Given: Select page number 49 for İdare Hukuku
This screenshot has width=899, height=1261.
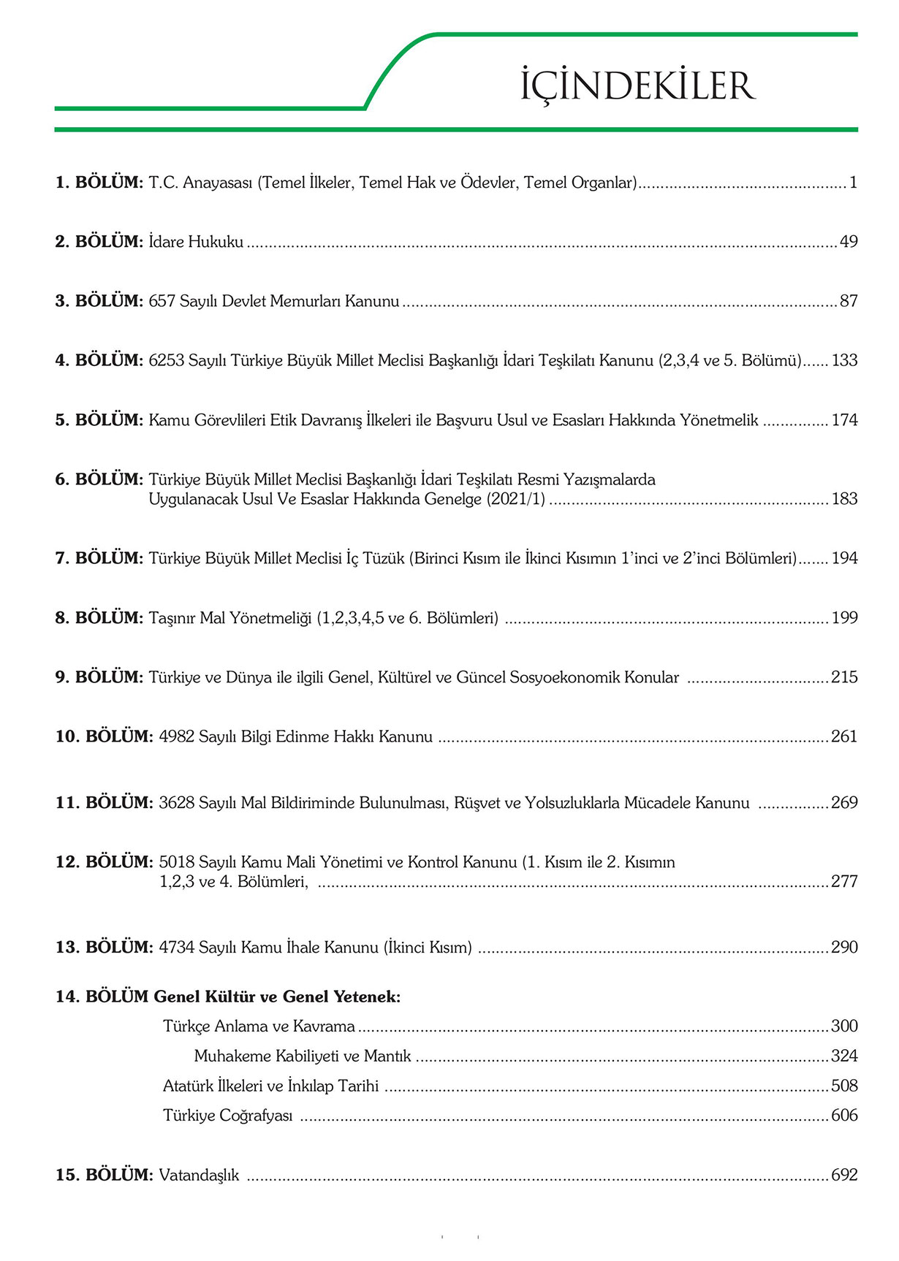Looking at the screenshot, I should coord(848,242).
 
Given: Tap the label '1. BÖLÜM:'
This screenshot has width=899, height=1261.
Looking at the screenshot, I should coord(99,183).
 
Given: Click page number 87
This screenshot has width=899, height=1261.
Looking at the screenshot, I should coord(848,301).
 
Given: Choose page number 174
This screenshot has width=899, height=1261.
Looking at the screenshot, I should coord(844,420).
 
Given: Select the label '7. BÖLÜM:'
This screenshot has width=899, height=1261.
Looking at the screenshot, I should coord(99,558).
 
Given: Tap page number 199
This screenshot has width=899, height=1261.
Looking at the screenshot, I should coord(844,618).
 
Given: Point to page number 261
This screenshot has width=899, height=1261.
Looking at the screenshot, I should coord(844,736).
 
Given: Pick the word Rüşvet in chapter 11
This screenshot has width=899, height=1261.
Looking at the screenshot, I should coord(477,803).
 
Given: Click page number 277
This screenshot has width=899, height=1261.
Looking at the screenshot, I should coord(844,882).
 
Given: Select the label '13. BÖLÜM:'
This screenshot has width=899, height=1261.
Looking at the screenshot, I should coord(104,948).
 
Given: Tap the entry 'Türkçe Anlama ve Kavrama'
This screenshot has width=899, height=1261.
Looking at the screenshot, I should coord(259,1026).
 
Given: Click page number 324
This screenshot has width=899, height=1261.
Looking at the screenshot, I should coord(844,1056).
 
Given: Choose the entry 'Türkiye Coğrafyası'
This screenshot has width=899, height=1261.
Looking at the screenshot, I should coord(227,1116).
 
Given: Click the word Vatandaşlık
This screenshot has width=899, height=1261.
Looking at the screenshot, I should coord(199,1176).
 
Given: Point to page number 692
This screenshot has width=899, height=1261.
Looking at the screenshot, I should coord(844,1176).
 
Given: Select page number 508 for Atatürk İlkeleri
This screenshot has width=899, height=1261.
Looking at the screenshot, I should coord(844,1086).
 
